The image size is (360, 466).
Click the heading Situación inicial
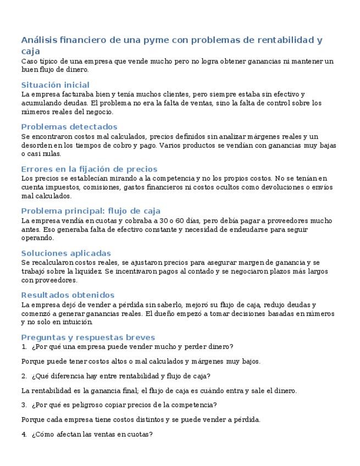point(55,85)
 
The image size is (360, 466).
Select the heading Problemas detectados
point(61,127)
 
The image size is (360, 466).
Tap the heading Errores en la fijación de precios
point(89,169)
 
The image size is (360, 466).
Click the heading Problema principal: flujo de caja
point(91,211)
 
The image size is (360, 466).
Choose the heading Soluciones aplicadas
point(66,253)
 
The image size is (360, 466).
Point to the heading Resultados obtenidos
point(68,295)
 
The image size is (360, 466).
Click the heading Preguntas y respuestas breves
point(88,337)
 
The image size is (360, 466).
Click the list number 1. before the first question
point(24,347)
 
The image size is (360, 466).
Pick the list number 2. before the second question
point(24,376)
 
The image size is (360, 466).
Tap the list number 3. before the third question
point(24,405)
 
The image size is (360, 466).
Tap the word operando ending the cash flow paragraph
point(37,238)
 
